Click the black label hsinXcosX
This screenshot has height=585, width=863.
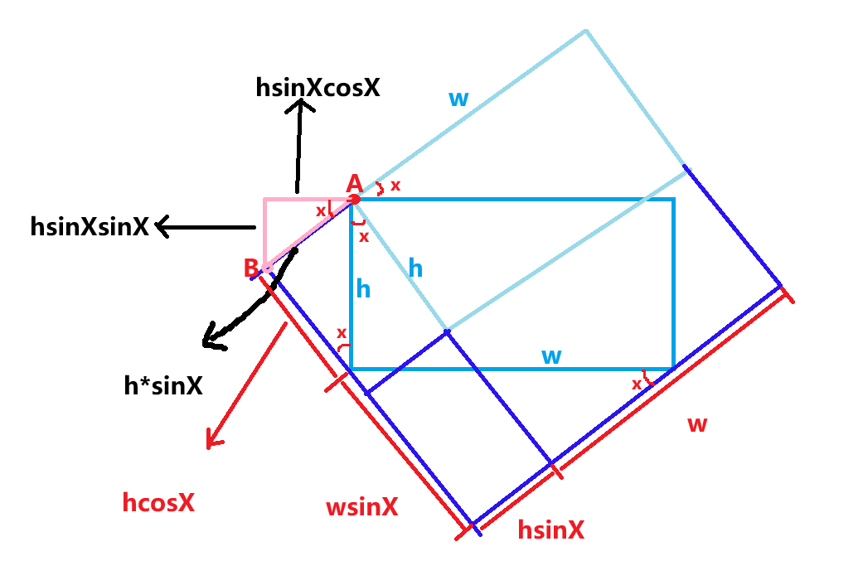(318, 87)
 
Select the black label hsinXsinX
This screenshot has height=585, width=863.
(90, 226)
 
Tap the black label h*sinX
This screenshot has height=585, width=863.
(162, 385)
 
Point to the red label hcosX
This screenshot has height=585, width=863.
(158, 502)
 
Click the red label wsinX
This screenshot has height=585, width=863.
(361, 507)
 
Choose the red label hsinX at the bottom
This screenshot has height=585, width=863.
(550, 530)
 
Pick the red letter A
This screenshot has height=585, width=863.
(354, 183)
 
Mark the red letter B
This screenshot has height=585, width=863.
(250, 268)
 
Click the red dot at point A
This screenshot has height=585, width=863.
(355, 199)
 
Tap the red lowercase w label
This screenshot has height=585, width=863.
(697, 424)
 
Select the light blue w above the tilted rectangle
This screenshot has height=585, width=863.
(458, 99)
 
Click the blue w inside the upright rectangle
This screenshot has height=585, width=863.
(551, 356)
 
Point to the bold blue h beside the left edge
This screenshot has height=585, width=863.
(363, 288)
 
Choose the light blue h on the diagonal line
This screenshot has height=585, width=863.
(415, 268)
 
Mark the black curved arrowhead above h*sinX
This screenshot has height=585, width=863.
(212, 340)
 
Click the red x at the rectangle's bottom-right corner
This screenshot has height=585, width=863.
(637, 384)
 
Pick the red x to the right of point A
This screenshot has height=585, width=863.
(395, 186)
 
